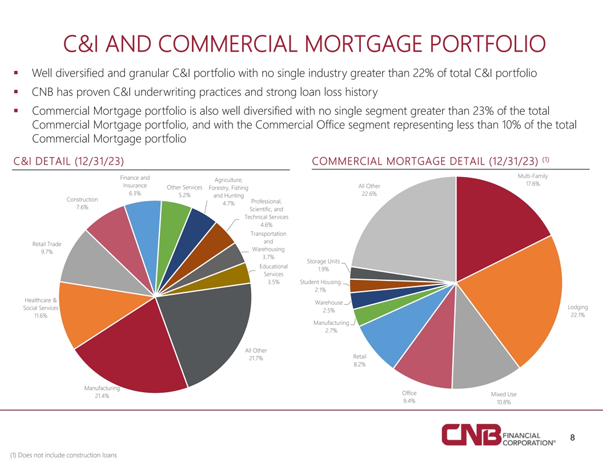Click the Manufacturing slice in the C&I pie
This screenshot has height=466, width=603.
click(131, 354)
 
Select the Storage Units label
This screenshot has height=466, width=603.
click(324, 262)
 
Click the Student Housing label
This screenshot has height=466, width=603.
click(320, 282)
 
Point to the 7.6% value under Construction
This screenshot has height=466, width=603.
click(82, 207)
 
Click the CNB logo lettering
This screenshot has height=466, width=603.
click(471, 436)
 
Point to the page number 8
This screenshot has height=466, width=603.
click(573, 438)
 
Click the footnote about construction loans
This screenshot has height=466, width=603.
click(63, 455)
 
